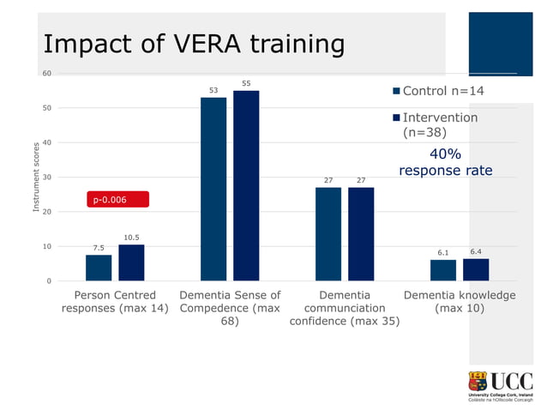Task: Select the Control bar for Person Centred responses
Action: (x=99, y=268)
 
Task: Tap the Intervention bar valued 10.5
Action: (x=131, y=262)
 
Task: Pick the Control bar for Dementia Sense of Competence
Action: (x=213, y=189)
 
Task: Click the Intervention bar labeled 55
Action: (x=246, y=185)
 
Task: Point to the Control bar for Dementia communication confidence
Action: (x=328, y=233)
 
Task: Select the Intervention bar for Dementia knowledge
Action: (x=476, y=269)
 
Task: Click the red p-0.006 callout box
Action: (x=118, y=200)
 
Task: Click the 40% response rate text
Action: (x=445, y=162)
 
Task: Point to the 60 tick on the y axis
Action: (x=47, y=74)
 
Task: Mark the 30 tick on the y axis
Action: (x=47, y=178)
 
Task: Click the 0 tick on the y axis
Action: (x=49, y=281)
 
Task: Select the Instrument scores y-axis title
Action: (x=36, y=177)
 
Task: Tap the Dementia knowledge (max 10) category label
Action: (x=460, y=302)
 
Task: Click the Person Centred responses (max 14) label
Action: (x=115, y=302)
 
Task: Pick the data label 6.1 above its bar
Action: (x=443, y=253)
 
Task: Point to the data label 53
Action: (x=213, y=90)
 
